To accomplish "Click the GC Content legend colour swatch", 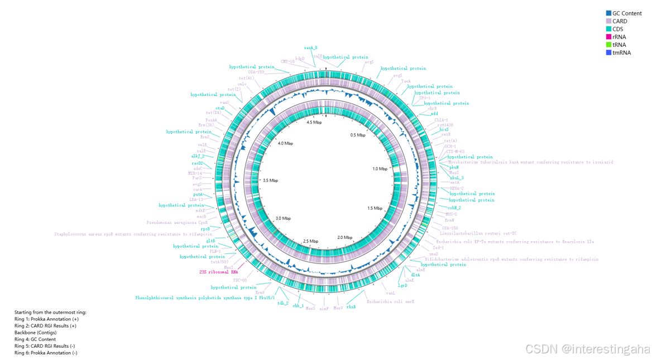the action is [608, 13].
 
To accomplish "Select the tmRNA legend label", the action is [621, 52].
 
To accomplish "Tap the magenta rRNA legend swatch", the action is [608, 37].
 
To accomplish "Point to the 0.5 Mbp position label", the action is [357, 135].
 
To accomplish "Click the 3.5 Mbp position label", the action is [270, 181].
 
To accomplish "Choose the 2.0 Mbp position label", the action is [345, 238].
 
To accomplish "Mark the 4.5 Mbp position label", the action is [314, 122].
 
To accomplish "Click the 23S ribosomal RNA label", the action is [219, 272].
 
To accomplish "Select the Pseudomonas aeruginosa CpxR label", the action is [177, 223].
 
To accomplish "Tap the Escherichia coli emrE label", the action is [390, 302].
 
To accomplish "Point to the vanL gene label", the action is [390, 292].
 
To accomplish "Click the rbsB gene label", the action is [351, 307].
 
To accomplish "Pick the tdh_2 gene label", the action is [283, 304].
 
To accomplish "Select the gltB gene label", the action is [210, 241].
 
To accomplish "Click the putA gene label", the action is [198, 195].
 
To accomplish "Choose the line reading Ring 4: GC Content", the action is [35, 339].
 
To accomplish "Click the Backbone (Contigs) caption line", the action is [35, 333].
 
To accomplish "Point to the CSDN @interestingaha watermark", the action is [588, 349].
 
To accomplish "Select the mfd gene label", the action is [434, 114].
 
